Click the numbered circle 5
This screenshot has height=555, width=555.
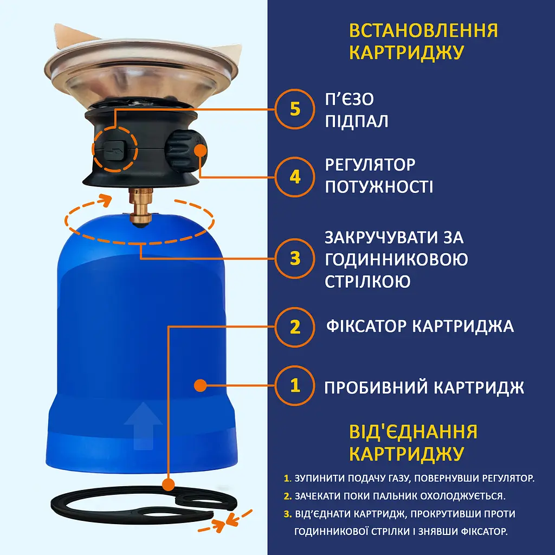(294, 109)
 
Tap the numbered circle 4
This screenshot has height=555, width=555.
(294, 177)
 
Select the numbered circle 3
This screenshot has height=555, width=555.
(294, 259)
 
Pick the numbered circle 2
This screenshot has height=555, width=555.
(294, 327)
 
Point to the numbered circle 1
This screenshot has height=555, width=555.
(294, 385)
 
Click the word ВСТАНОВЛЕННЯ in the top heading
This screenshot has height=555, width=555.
(423, 30)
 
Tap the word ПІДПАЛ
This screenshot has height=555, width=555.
(357, 121)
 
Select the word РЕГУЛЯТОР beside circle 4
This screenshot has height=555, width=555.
(370, 165)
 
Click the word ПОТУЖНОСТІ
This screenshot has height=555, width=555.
(379, 187)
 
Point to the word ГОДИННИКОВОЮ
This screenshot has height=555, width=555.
(396, 260)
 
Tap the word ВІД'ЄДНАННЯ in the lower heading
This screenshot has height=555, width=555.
(413, 432)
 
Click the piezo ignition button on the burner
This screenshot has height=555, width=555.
(114, 150)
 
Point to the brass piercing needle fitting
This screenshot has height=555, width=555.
(141, 208)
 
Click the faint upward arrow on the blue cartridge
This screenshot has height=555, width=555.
(143, 425)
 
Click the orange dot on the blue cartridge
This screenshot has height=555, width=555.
(201, 385)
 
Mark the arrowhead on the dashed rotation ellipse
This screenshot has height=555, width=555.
(105, 199)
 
